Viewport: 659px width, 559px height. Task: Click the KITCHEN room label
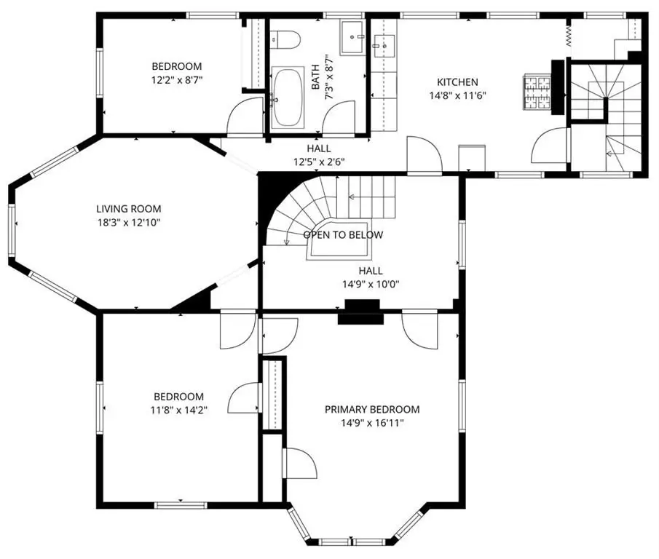coord(457,82)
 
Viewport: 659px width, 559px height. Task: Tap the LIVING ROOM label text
coord(128,209)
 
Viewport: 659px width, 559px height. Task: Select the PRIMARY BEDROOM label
coord(372,409)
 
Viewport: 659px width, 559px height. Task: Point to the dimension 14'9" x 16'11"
coord(372,423)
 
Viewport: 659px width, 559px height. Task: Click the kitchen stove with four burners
coord(537,92)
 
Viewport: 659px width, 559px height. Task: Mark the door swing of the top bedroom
coord(245,117)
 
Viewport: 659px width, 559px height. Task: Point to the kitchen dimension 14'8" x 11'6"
coord(457,95)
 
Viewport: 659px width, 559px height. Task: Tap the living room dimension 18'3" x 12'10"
coord(128,222)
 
